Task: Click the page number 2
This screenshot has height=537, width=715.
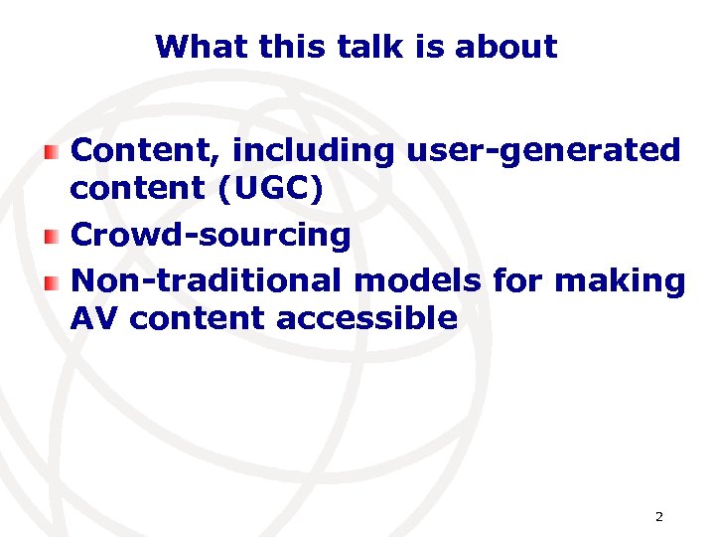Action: [658, 517]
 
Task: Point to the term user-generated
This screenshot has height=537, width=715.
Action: [543, 151]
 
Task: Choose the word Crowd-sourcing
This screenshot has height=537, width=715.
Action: [212, 236]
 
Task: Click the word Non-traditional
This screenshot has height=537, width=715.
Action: [207, 281]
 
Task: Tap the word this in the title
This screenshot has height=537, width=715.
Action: [274, 47]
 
